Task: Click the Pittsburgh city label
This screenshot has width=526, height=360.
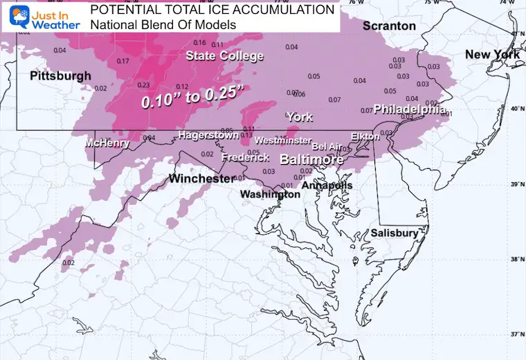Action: tap(60, 75)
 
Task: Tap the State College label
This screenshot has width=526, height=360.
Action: tap(224, 56)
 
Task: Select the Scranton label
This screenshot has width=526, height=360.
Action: tap(390, 26)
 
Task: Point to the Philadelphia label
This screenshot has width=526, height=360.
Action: tap(409, 109)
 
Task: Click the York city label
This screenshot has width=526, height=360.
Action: tap(300, 117)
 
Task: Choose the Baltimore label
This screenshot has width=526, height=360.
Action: tap(311, 159)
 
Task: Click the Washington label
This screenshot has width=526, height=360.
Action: tap(270, 195)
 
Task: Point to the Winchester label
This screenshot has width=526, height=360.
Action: tap(201, 179)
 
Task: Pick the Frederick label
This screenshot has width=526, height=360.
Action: tap(245, 158)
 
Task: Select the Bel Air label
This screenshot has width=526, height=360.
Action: tap(327, 146)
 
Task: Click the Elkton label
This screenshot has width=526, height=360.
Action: tap(365, 136)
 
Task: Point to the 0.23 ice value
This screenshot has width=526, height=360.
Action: tap(144, 85)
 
